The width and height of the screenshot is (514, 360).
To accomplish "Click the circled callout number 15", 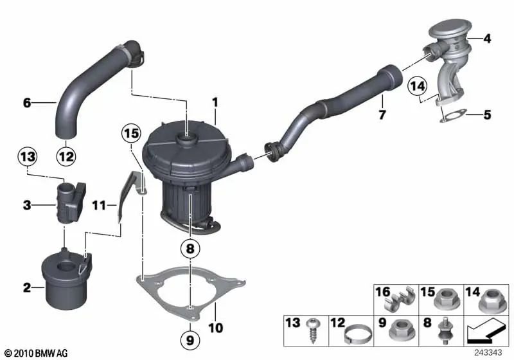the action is point(131,134).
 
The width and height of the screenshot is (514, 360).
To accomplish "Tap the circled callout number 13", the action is point(27,156).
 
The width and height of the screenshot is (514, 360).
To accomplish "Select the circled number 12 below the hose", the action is point(66,156).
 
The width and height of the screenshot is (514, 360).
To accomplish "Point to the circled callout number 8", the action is point(190,249).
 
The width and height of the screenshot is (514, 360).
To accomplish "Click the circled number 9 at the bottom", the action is point(190,340).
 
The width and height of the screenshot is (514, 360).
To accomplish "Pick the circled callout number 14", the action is point(418,86).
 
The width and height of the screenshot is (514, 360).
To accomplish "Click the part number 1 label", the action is point(215,103).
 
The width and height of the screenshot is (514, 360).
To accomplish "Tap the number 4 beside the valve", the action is point(488,39).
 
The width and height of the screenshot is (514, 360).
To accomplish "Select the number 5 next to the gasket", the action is point(488,115).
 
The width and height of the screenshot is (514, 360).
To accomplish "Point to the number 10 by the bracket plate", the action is point(216,328).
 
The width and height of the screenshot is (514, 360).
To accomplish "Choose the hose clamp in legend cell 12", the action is point(358,334).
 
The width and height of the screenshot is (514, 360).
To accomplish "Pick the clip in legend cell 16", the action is point(399,299).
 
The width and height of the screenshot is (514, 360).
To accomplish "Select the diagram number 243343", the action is point(488,353).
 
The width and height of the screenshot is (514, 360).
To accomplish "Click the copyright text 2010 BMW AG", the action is point(37,353).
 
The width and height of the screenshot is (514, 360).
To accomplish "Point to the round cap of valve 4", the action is point(450,29).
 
